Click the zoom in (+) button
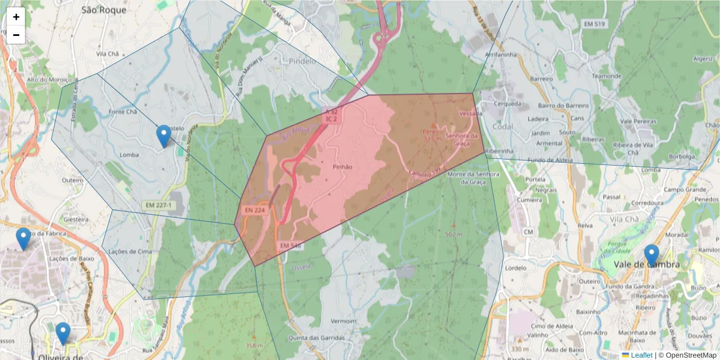pos(16,17)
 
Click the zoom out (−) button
pos(16,35)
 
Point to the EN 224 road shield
pos(254,211)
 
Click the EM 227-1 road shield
pos(158,205)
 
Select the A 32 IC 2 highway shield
pos(332,116)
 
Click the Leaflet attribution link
pos(641,355)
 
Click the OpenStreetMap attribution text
pos(690,355)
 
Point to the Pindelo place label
pos(302,61)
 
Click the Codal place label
pos(502,127)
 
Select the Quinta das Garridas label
pos(316,338)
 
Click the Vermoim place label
pos(343,321)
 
